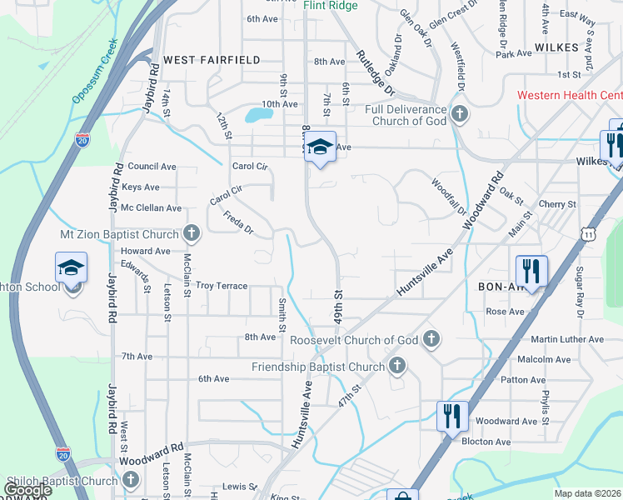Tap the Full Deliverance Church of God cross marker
[460, 112]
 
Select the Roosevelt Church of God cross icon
[431, 338]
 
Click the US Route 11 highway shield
[591, 235]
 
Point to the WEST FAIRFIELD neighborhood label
[212, 60]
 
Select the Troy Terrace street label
[222, 286]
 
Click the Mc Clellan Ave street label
[151, 207]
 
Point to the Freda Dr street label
[237, 222]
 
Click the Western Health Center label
[569, 95]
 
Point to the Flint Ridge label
[331, 6]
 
